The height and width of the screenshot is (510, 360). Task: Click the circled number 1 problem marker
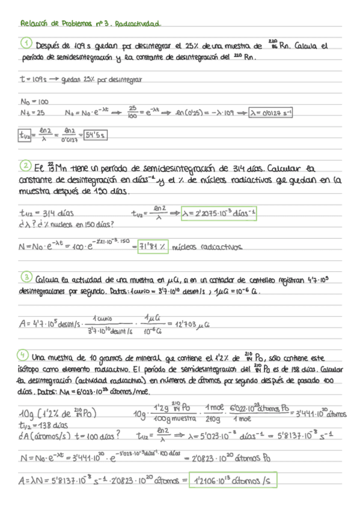click(26, 44)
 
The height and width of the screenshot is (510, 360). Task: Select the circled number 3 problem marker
click(26, 278)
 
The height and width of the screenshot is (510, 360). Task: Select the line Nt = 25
click(32, 112)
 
